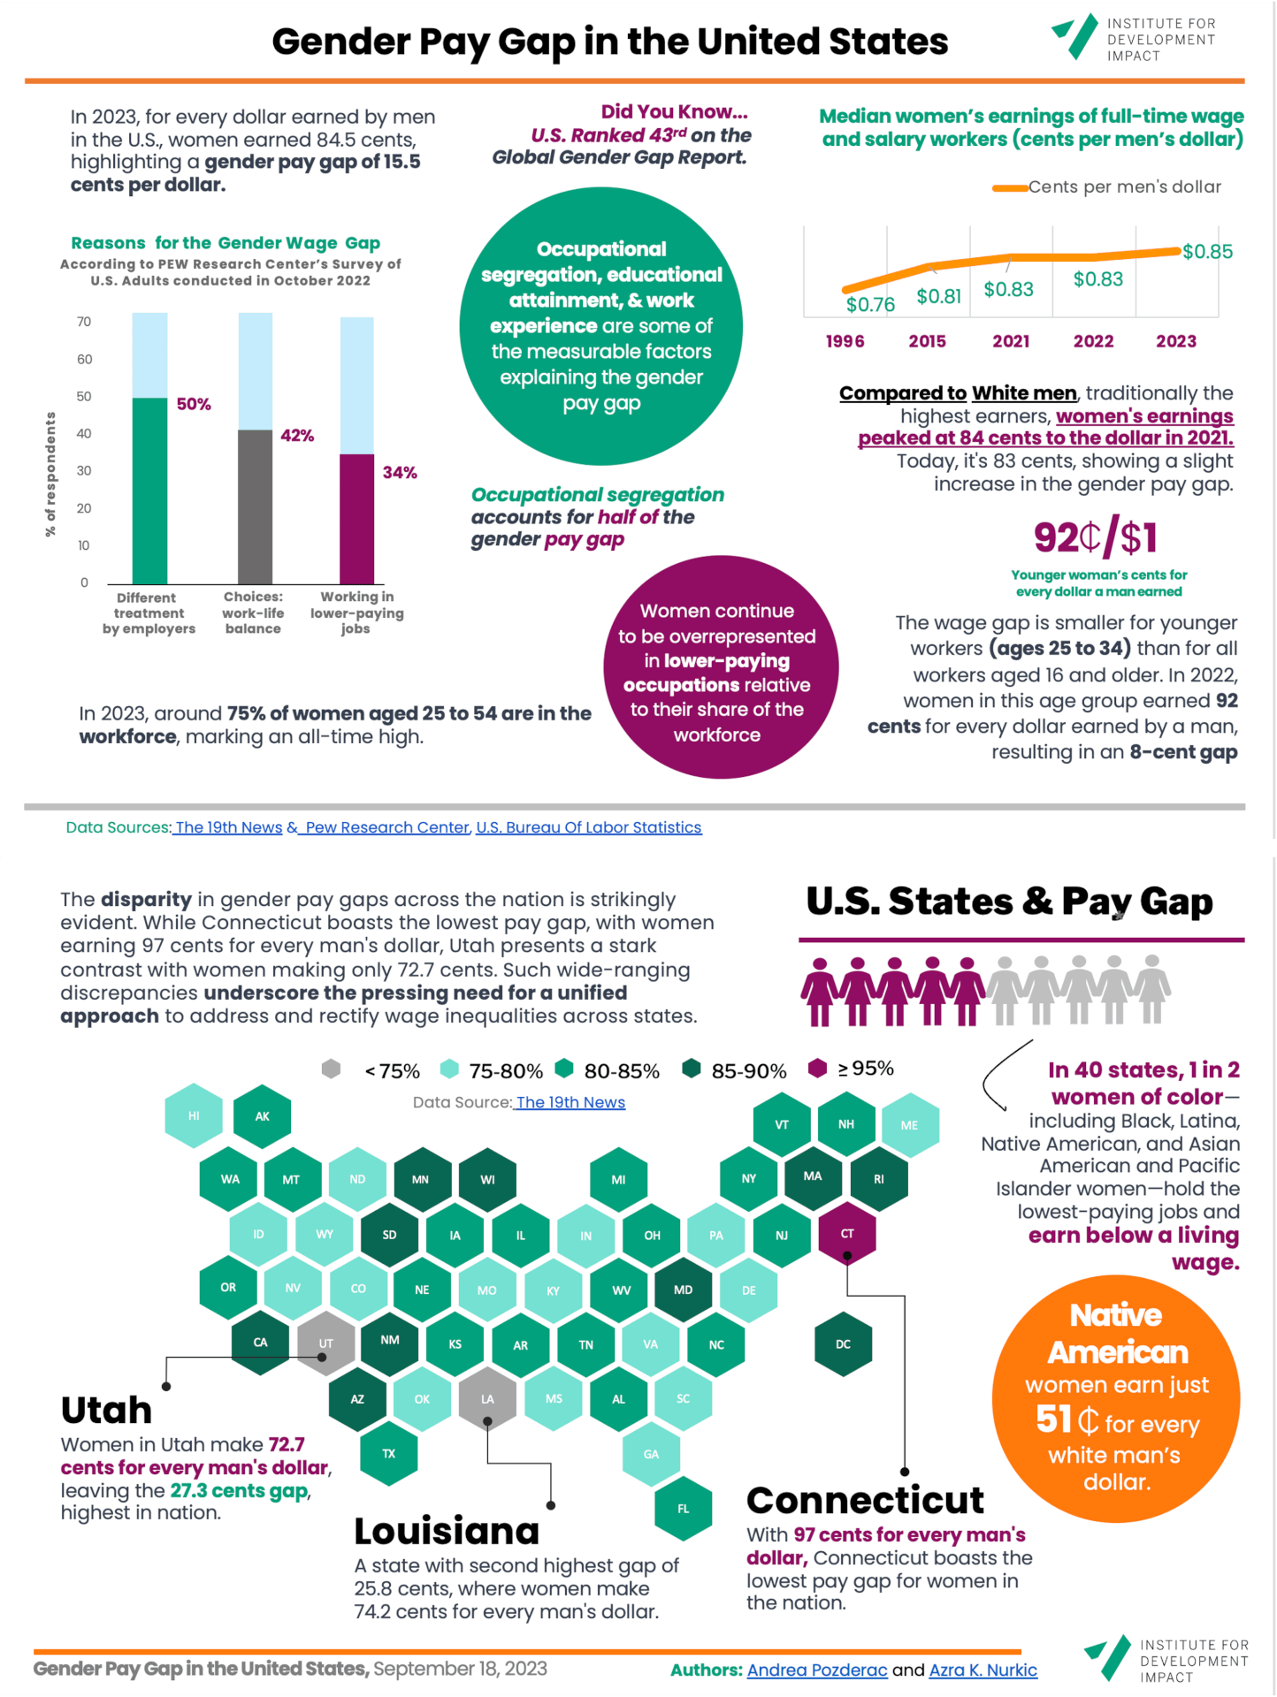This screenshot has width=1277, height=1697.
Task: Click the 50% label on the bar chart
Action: (x=194, y=404)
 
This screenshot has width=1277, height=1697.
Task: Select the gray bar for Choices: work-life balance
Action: (x=256, y=506)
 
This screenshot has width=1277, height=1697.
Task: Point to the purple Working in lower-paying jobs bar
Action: (x=357, y=518)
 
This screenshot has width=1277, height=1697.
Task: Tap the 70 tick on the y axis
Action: (x=84, y=322)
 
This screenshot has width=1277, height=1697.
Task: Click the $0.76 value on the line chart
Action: (x=870, y=305)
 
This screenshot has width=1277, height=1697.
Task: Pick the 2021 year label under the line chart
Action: (x=1011, y=341)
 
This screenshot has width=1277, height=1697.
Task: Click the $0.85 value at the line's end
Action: (x=1207, y=252)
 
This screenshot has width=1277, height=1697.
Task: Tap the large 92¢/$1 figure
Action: (x=1096, y=536)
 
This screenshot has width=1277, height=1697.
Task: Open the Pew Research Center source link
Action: (x=386, y=827)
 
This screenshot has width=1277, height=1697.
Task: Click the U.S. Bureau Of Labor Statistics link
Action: (x=589, y=827)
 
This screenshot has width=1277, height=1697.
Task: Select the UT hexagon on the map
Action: (x=325, y=1343)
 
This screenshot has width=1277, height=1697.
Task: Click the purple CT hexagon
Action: (x=847, y=1233)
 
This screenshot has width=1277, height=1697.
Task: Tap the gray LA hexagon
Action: (x=487, y=1399)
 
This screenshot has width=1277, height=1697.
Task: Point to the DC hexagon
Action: (x=843, y=1344)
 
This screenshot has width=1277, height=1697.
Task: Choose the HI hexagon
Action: (x=194, y=1115)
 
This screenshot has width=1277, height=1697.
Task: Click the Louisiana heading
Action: (x=447, y=1531)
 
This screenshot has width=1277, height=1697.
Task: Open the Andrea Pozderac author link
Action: (x=816, y=1670)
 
